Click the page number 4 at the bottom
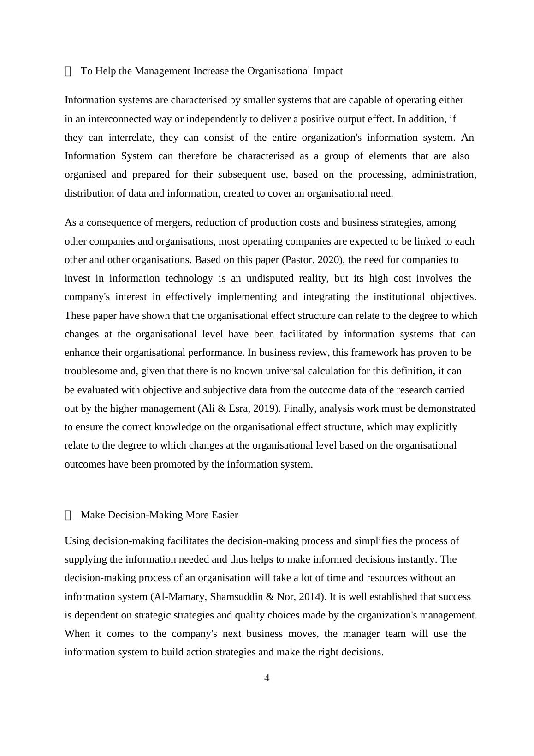tap(267, 678)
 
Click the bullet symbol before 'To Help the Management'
tap(68, 72)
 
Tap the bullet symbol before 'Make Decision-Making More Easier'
tap(68, 516)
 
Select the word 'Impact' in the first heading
tap(328, 71)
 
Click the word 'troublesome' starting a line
tap(90, 372)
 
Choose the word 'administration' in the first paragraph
tap(444, 174)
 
